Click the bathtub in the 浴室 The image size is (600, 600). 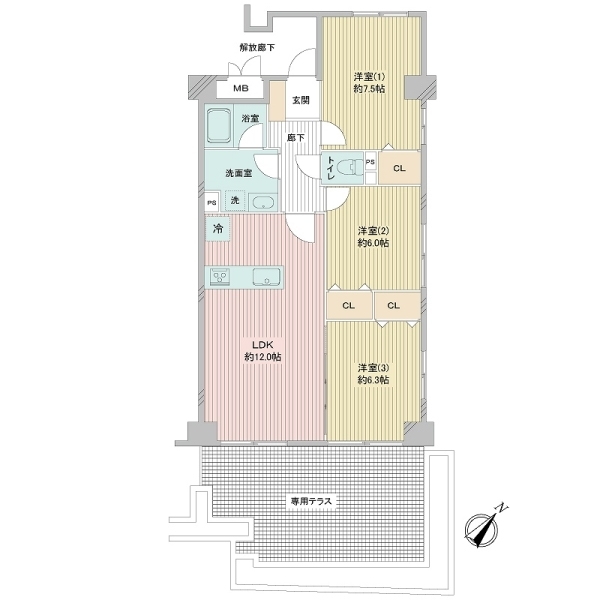click(x=219, y=125)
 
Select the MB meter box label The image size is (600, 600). click(x=241, y=88)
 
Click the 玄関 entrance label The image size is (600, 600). click(x=301, y=100)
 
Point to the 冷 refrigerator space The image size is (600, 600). click(x=218, y=228)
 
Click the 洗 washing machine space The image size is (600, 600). click(x=235, y=200)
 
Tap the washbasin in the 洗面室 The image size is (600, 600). click(x=263, y=202)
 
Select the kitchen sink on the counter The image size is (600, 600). click(x=266, y=276)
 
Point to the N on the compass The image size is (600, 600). click(x=501, y=507)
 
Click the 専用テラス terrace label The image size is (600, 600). click(x=311, y=501)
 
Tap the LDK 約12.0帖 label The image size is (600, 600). click(x=263, y=351)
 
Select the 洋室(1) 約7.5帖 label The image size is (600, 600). click(x=369, y=83)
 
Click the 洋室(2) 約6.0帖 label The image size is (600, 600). click(x=373, y=237)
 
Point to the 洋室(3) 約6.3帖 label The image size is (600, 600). click(x=373, y=374)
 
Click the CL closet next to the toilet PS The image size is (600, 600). click(x=399, y=168)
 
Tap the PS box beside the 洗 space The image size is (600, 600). click(x=212, y=202)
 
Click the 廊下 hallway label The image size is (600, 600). click(x=296, y=138)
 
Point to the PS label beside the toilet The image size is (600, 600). click(x=370, y=162)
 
